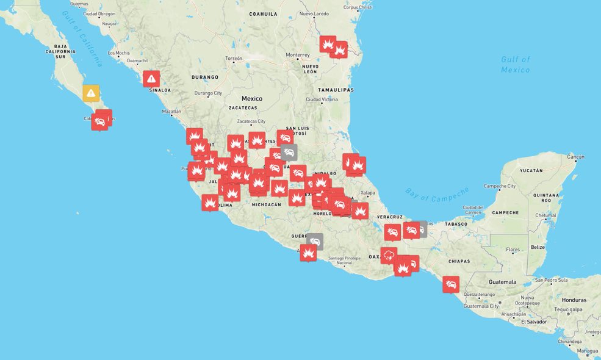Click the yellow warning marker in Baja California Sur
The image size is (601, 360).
91,93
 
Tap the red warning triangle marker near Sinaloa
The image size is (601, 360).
151,78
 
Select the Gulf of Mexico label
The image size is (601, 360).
516,64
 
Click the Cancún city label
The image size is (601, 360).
575,157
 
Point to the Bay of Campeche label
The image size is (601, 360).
437,195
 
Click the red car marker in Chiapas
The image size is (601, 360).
451,284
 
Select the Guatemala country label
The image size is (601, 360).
502,282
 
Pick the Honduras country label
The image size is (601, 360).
574,300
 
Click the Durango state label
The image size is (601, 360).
204,77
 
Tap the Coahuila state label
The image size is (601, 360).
264,13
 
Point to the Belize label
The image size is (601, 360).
538,247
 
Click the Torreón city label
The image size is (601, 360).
234,59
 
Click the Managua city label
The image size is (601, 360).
589,351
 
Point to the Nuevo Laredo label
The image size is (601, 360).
314,13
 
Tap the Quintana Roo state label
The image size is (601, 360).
542,197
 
